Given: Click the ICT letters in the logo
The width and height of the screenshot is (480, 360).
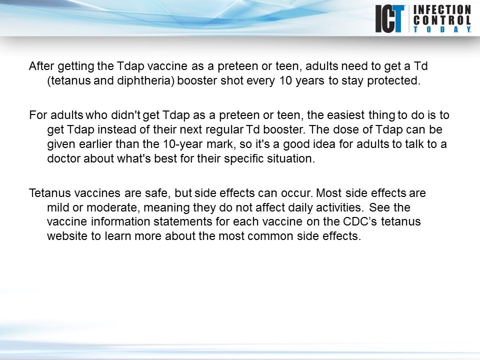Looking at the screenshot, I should [390, 18].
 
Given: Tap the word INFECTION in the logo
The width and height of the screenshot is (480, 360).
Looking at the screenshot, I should [441, 9].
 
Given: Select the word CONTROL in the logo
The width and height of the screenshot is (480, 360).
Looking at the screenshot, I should [441, 20].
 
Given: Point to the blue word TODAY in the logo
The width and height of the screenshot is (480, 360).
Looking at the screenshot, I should [441, 29].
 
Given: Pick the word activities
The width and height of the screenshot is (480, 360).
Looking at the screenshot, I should [330, 207].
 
